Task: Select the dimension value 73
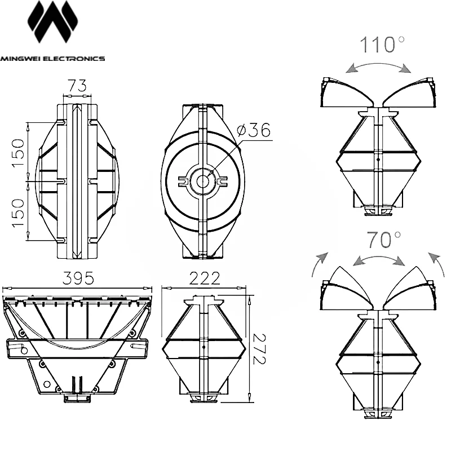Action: click(x=77, y=86)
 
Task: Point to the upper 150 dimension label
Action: click(x=18, y=153)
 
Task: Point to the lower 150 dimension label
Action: click(x=18, y=213)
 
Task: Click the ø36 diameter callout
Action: click(x=254, y=130)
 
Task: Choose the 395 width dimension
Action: click(x=78, y=278)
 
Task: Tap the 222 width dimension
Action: click(x=205, y=278)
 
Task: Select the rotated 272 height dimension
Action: click(x=259, y=349)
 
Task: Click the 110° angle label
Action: click(x=382, y=45)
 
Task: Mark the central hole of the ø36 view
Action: click(x=203, y=182)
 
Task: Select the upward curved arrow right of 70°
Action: click(x=436, y=263)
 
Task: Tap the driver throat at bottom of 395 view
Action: click(x=77, y=399)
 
